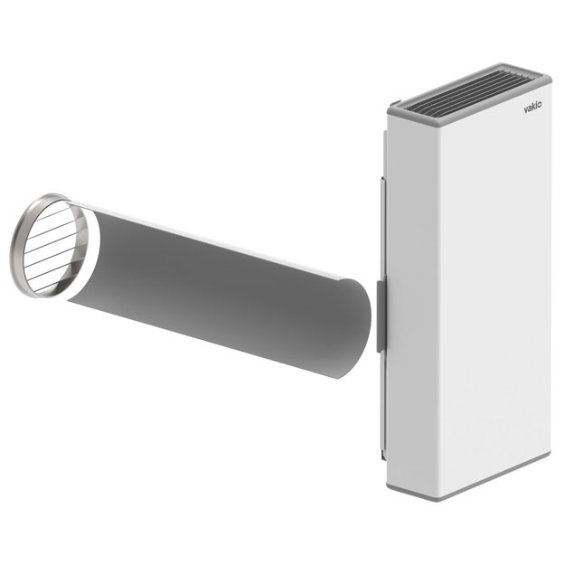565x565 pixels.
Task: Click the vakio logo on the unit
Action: (532, 108)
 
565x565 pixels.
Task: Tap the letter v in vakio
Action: (526, 110)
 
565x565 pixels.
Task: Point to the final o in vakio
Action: (539, 105)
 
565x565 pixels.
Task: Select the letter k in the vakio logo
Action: (532, 107)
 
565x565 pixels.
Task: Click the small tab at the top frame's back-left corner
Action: (395, 104)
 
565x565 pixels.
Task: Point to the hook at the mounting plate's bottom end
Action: (383, 455)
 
